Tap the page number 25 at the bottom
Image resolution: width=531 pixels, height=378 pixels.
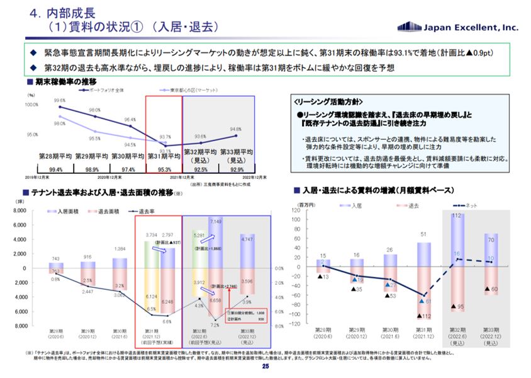pos(265,367)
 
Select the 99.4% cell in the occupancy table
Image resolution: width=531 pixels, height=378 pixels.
pos(55,170)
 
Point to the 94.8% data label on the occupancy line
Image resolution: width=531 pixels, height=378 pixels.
pos(236,129)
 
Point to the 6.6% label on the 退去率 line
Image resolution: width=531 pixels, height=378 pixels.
pos(167,322)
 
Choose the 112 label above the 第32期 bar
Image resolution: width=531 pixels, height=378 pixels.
pos(457,215)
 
